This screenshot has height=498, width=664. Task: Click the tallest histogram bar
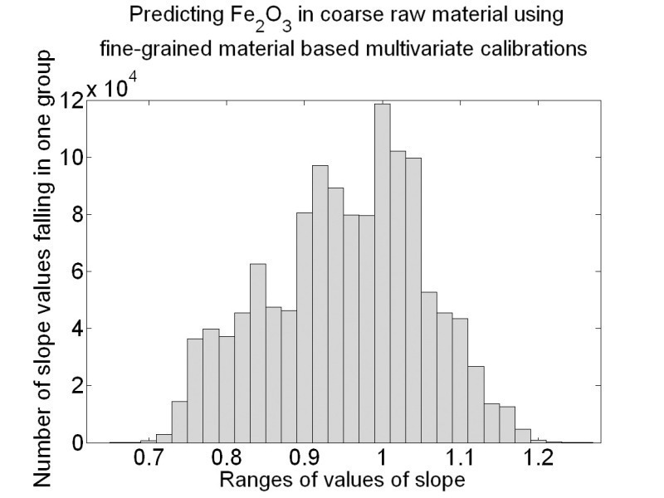(x=382, y=274)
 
